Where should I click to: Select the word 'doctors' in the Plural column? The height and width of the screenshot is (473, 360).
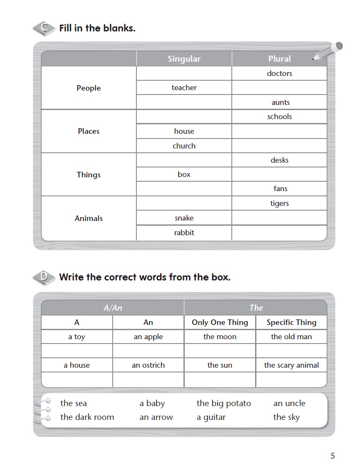coord(279,73)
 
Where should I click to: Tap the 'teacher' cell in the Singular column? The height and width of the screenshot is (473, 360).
coord(184,88)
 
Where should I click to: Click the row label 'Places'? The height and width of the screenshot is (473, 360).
coord(88,131)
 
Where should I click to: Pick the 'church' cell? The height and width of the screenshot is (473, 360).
coord(184,146)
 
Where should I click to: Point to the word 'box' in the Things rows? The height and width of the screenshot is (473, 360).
coord(184,174)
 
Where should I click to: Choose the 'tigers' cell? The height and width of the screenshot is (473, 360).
coord(279,203)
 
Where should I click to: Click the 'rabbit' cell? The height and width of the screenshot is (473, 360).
coord(184,233)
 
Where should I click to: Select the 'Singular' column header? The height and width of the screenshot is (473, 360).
coord(184,59)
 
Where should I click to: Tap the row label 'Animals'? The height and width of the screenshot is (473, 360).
coord(88,218)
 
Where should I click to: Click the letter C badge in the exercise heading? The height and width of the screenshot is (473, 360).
coord(44,28)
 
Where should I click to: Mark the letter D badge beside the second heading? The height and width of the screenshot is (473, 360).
coord(44,277)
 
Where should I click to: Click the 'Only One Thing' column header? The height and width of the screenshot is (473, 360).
coord(220,322)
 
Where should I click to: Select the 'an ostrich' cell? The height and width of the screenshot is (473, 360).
coord(148,365)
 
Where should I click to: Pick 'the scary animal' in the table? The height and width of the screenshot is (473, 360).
coord(291,365)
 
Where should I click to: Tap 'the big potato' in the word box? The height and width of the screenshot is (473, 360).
coord(224,404)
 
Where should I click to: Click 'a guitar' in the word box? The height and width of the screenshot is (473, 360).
coord(211,417)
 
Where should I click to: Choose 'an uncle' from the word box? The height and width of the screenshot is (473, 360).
coord(289,404)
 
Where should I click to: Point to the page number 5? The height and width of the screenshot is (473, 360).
coord(332,456)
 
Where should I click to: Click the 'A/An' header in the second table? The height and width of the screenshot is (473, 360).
coord(113,308)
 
